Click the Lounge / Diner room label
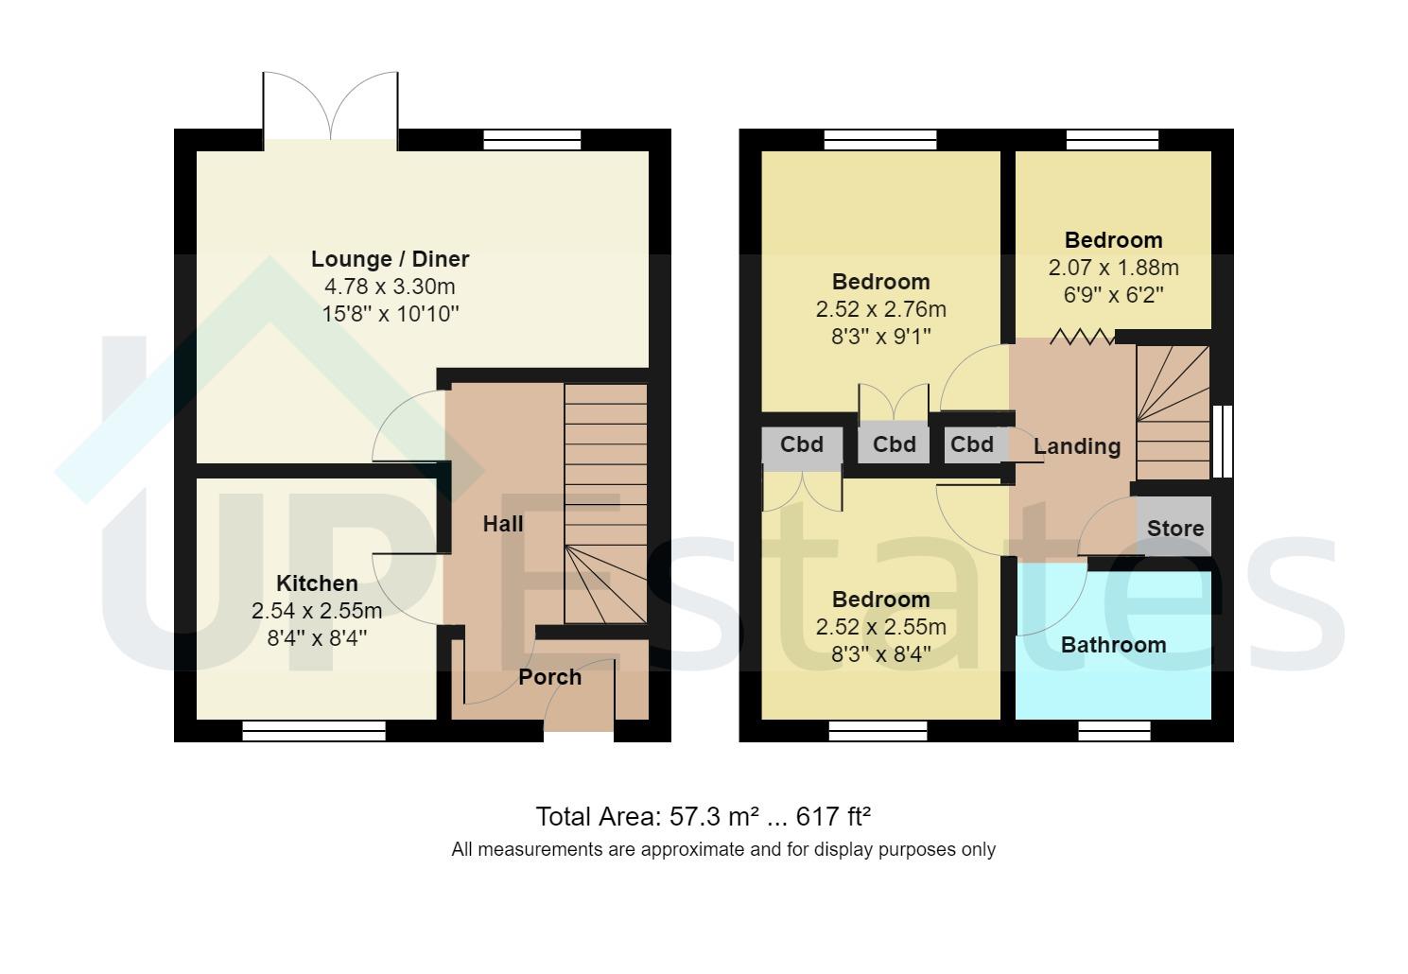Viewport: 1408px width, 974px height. (x=390, y=259)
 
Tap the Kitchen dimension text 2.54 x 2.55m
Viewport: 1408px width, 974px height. (x=317, y=611)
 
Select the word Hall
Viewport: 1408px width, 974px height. (x=502, y=524)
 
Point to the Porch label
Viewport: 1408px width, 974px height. (x=549, y=677)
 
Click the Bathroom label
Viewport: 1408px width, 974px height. (x=1113, y=645)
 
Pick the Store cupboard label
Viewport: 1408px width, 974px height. (x=1174, y=529)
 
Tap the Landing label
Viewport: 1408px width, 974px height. (x=1076, y=446)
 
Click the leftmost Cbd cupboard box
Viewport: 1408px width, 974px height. (x=801, y=444)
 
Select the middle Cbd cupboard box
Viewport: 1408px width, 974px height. (x=894, y=444)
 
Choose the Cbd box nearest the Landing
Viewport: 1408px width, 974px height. (x=972, y=444)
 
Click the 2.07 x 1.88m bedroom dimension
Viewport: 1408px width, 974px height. (x=1113, y=268)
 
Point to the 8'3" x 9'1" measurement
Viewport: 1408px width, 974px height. (x=880, y=337)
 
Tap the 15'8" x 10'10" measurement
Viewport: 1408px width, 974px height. (x=390, y=314)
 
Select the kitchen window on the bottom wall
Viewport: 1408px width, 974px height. (x=313, y=730)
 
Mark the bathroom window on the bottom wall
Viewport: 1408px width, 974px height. (x=1114, y=730)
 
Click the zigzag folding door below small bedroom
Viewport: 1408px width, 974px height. (x=1081, y=337)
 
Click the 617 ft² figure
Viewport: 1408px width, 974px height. (x=833, y=816)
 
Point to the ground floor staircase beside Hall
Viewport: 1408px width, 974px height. (x=605, y=501)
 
